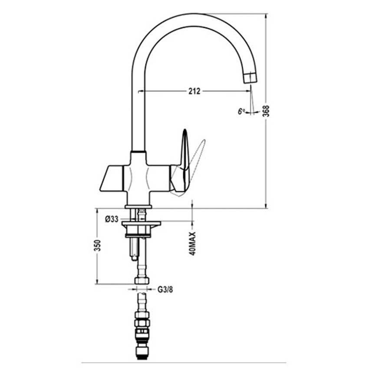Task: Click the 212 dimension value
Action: [x=194, y=91]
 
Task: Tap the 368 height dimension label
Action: [x=266, y=111]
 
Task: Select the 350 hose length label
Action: [x=97, y=245]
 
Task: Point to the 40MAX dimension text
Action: [x=192, y=244]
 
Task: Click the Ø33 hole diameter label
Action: [x=112, y=219]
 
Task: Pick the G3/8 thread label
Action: [x=165, y=290]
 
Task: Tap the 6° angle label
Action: [x=241, y=111]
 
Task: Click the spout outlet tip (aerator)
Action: [x=250, y=77]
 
